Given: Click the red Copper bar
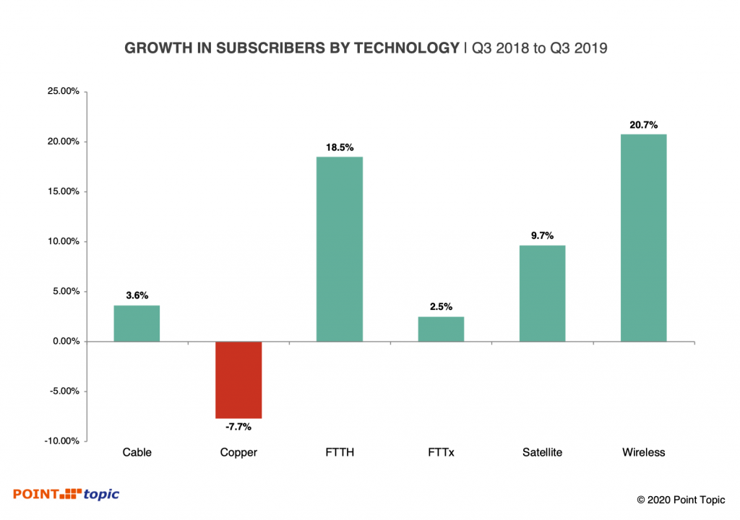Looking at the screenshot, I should pyautogui.click(x=238, y=380).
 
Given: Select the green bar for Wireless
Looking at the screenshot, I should pyautogui.click(x=643, y=238).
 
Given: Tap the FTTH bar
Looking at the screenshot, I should pyautogui.click(x=340, y=249).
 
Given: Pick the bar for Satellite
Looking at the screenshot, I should pyautogui.click(x=542, y=293).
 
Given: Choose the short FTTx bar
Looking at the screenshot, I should pyautogui.click(x=441, y=329).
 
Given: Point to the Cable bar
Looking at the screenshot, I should pyautogui.click(x=137, y=324).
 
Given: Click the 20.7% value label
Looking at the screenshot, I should pyautogui.click(x=643, y=125).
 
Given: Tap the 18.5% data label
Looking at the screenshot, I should pyautogui.click(x=340, y=147).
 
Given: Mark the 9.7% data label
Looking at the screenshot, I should pyautogui.click(x=542, y=235).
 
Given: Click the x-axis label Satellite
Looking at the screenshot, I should pyautogui.click(x=542, y=453).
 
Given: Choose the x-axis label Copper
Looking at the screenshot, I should pyautogui.click(x=238, y=453).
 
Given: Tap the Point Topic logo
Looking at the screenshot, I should pyautogui.click(x=66, y=494).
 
